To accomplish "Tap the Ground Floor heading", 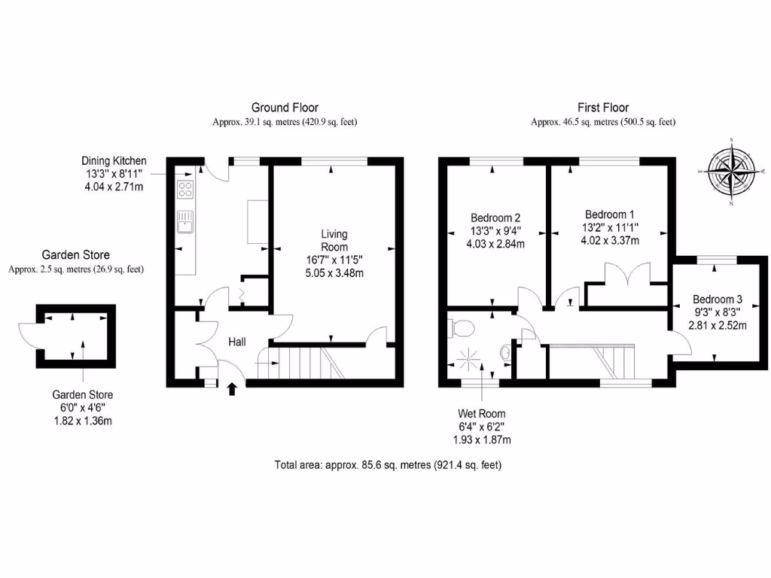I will (285, 108).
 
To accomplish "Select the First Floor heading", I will (603, 108).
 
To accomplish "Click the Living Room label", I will (334, 241).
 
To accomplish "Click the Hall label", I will (238, 342).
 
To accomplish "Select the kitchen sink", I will (184, 221).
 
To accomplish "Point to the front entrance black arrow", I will (232, 388).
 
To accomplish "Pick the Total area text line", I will (388, 465).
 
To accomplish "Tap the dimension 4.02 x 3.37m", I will (610, 241).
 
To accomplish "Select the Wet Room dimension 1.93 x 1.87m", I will (482, 440).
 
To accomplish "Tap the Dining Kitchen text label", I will (114, 161).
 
